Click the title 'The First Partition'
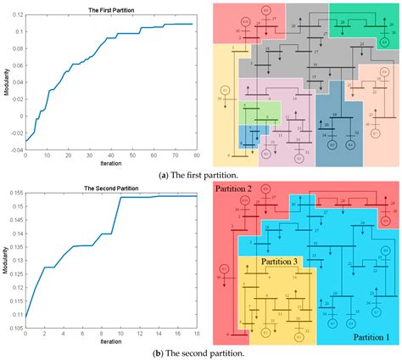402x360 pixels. point(111,9)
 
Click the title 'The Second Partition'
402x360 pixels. point(111,188)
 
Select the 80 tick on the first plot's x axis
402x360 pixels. point(197,155)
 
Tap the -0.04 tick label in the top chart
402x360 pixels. point(15,150)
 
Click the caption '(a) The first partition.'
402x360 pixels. point(200,173)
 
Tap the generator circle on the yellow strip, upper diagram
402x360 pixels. point(225,89)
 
